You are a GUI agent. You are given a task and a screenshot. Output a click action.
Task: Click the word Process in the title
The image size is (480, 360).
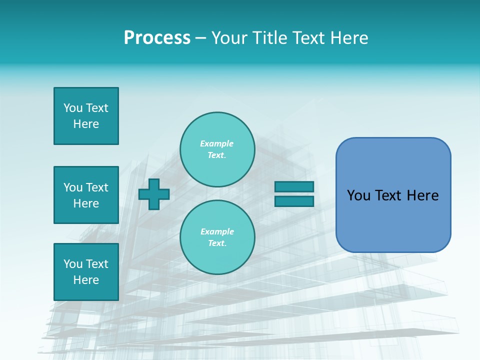[157, 38]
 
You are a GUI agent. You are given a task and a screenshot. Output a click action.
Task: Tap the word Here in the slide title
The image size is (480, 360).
[348, 38]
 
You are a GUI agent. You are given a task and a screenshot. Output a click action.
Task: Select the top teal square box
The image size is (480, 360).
[86, 116]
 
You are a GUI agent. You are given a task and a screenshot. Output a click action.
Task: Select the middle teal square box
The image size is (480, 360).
[86, 195]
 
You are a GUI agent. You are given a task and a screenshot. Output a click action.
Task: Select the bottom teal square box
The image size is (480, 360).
[86, 272]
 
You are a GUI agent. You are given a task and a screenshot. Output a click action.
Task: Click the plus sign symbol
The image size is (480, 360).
[154, 194]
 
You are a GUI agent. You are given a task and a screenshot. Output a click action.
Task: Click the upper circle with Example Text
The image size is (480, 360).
[217, 149]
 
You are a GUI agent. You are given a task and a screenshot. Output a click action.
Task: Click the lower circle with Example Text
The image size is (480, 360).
[217, 237]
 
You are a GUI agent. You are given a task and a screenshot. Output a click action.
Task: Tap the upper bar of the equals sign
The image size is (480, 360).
[294, 186]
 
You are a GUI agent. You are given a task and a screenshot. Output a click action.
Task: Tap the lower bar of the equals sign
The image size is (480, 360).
[294, 201]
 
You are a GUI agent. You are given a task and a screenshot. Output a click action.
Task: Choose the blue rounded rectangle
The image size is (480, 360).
[393, 195]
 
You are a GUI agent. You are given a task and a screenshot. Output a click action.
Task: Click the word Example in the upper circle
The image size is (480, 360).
[217, 143]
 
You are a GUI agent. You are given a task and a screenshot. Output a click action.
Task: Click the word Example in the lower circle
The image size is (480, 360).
[217, 231]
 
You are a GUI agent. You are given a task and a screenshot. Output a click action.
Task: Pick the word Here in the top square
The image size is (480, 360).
[86, 124]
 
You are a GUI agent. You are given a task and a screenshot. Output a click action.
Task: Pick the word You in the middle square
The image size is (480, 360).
[73, 187]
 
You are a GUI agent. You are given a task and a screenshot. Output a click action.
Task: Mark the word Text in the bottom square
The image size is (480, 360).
[97, 264]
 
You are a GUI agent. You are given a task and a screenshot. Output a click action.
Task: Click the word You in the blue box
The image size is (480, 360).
[358, 195]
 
